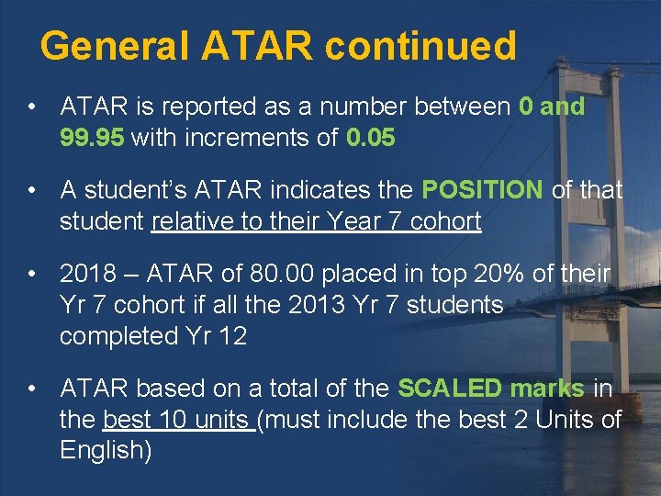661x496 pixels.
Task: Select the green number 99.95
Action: [x=93, y=138]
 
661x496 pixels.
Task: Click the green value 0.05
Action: [x=371, y=138]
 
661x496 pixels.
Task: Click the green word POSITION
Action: [x=482, y=190]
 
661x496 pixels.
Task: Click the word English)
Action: [x=106, y=451]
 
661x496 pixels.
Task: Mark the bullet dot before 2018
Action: [x=32, y=274]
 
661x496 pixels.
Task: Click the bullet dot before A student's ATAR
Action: [x=32, y=190]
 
